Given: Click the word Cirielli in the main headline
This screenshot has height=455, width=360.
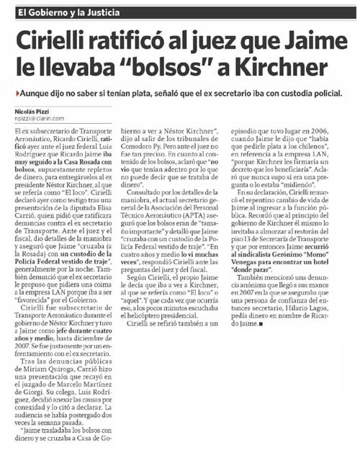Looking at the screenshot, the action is pos(58,39).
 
